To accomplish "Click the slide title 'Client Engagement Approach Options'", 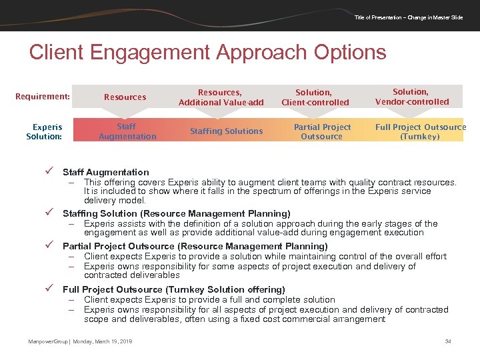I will pyautogui.click(x=207, y=53).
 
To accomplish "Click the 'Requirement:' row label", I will pyautogui.click(x=43, y=97).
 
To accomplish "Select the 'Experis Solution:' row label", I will pyautogui.click(x=45, y=131).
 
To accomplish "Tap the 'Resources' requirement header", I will pyautogui.click(x=125, y=97).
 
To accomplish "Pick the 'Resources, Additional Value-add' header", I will pyautogui.click(x=221, y=97).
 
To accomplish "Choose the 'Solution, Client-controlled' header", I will pyautogui.click(x=315, y=97).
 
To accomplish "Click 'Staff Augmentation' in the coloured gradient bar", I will pyautogui.click(x=127, y=131).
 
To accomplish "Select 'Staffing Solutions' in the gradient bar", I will pyautogui.click(x=226, y=131).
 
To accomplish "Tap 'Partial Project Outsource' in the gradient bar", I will pyautogui.click(x=321, y=131).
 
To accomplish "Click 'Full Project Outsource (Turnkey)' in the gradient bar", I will pyautogui.click(x=420, y=131).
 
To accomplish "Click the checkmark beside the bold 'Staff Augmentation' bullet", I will pyautogui.click(x=49, y=172).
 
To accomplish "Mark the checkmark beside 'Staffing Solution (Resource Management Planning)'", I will pyautogui.click(x=49, y=213).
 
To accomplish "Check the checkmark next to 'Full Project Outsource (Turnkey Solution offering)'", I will pyautogui.click(x=49, y=289).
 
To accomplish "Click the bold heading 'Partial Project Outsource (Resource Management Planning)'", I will pyautogui.click(x=195, y=247).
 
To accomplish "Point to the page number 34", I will pyautogui.click(x=448, y=341).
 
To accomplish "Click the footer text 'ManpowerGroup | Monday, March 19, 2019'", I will pyautogui.click(x=80, y=341).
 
